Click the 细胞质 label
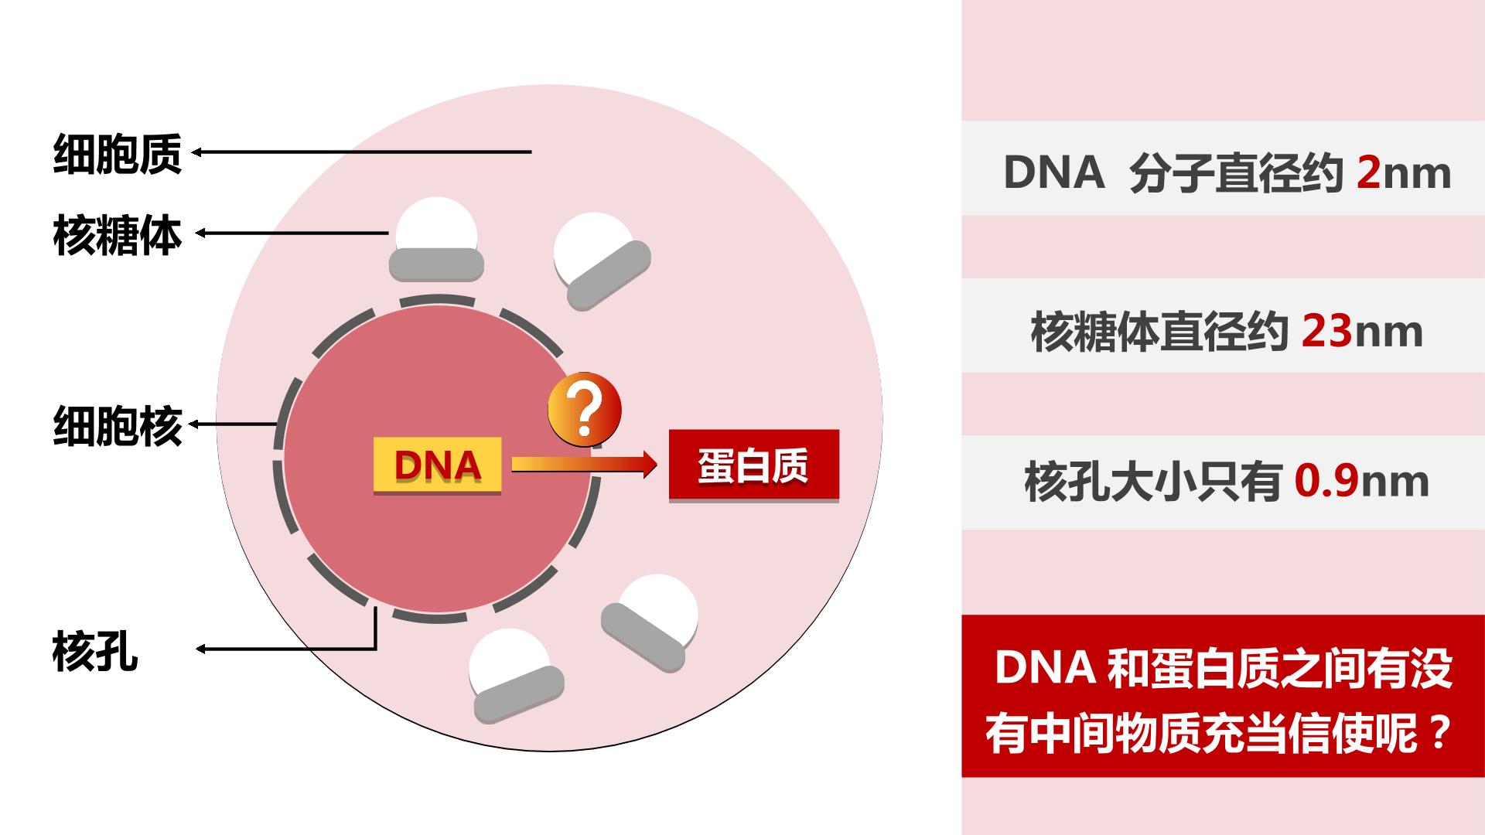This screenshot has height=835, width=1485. click(118, 153)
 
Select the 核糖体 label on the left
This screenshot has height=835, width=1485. click(118, 235)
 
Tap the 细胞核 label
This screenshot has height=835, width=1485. click(118, 425)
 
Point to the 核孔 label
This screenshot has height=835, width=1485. click(95, 651)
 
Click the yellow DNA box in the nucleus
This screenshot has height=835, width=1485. click(438, 465)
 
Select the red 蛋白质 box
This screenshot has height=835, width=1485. click(754, 465)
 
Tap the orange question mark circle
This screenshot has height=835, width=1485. click(585, 411)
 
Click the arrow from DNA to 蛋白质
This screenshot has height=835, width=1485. click(584, 465)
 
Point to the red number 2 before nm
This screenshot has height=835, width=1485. click(1368, 172)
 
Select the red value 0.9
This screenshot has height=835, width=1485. click(1326, 481)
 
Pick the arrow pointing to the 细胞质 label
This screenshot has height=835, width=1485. click(361, 152)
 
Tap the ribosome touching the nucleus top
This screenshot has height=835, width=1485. click(436, 239)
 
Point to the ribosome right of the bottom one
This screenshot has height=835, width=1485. click(650, 623)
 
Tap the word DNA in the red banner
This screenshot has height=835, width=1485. click(1044, 668)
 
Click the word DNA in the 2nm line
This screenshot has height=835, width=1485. click(1053, 172)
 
